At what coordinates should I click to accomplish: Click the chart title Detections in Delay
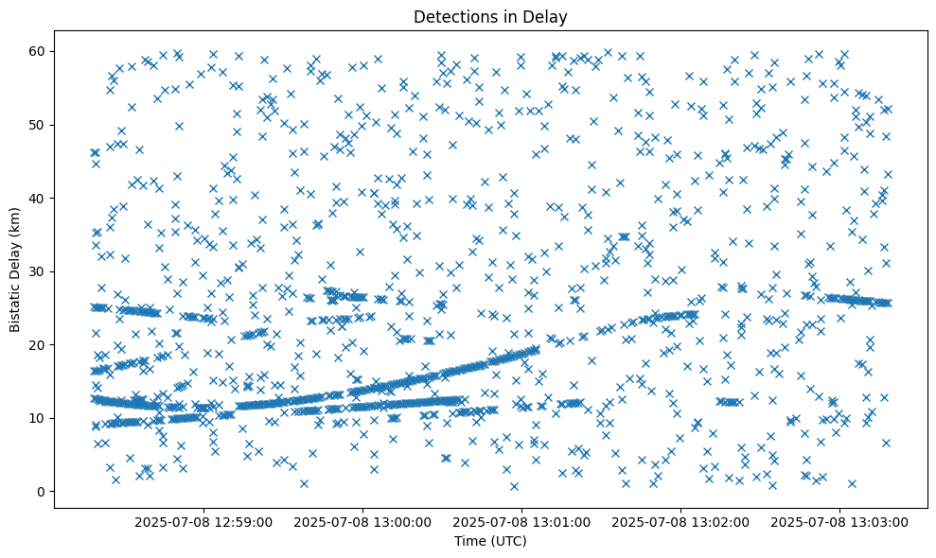click(490, 16)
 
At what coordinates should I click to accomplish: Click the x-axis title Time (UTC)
click(490, 541)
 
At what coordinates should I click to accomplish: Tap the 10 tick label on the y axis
click(39, 418)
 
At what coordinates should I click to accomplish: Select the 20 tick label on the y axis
click(39, 345)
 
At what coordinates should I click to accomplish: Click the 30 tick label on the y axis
click(39, 271)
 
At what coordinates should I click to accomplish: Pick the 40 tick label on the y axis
click(39, 198)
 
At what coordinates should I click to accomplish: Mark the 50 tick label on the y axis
click(39, 125)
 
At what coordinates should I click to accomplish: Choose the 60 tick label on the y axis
click(39, 51)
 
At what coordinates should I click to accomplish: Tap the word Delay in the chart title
click(549, 16)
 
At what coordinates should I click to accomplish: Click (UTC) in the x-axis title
click(506, 541)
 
